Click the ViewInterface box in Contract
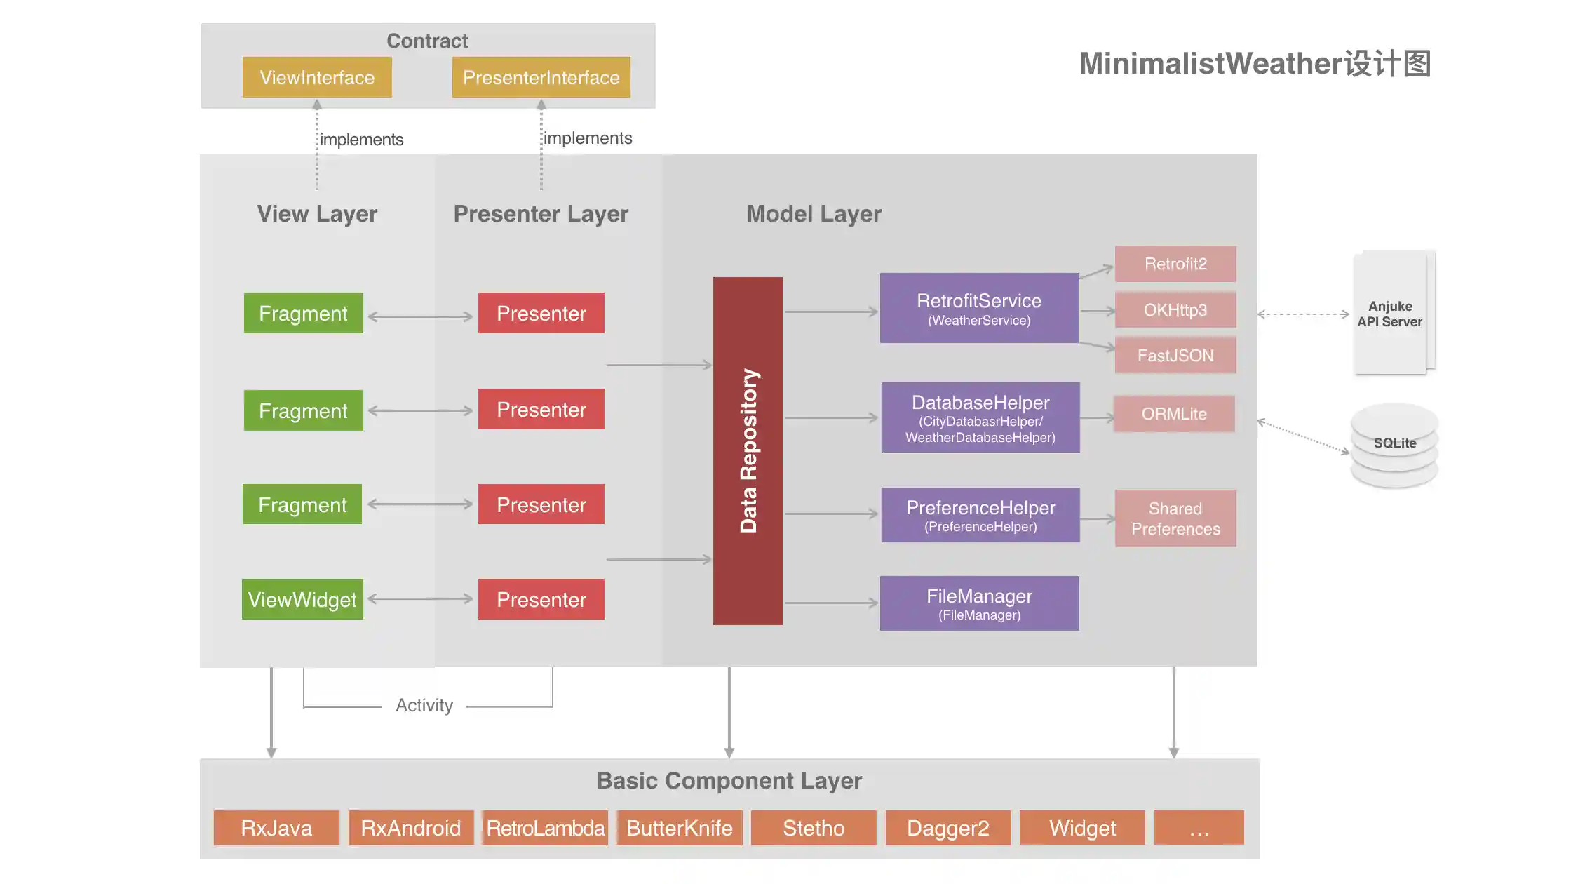(x=317, y=77)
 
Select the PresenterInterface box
(x=541, y=77)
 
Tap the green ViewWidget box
(x=302, y=599)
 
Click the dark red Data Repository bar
(x=748, y=450)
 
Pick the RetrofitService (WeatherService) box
(x=979, y=308)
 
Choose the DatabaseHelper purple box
(x=980, y=417)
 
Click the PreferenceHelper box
(x=980, y=515)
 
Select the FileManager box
(x=979, y=603)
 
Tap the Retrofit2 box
(x=1175, y=264)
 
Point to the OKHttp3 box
(x=1175, y=309)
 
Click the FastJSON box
(x=1175, y=355)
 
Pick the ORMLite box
(x=1174, y=414)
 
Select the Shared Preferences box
(x=1175, y=518)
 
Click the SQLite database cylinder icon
(x=1394, y=445)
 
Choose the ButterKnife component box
(x=679, y=828)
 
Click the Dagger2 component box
(x=947, y=828)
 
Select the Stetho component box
(x=814, y=828)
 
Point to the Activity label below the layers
(x=424, y=705)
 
